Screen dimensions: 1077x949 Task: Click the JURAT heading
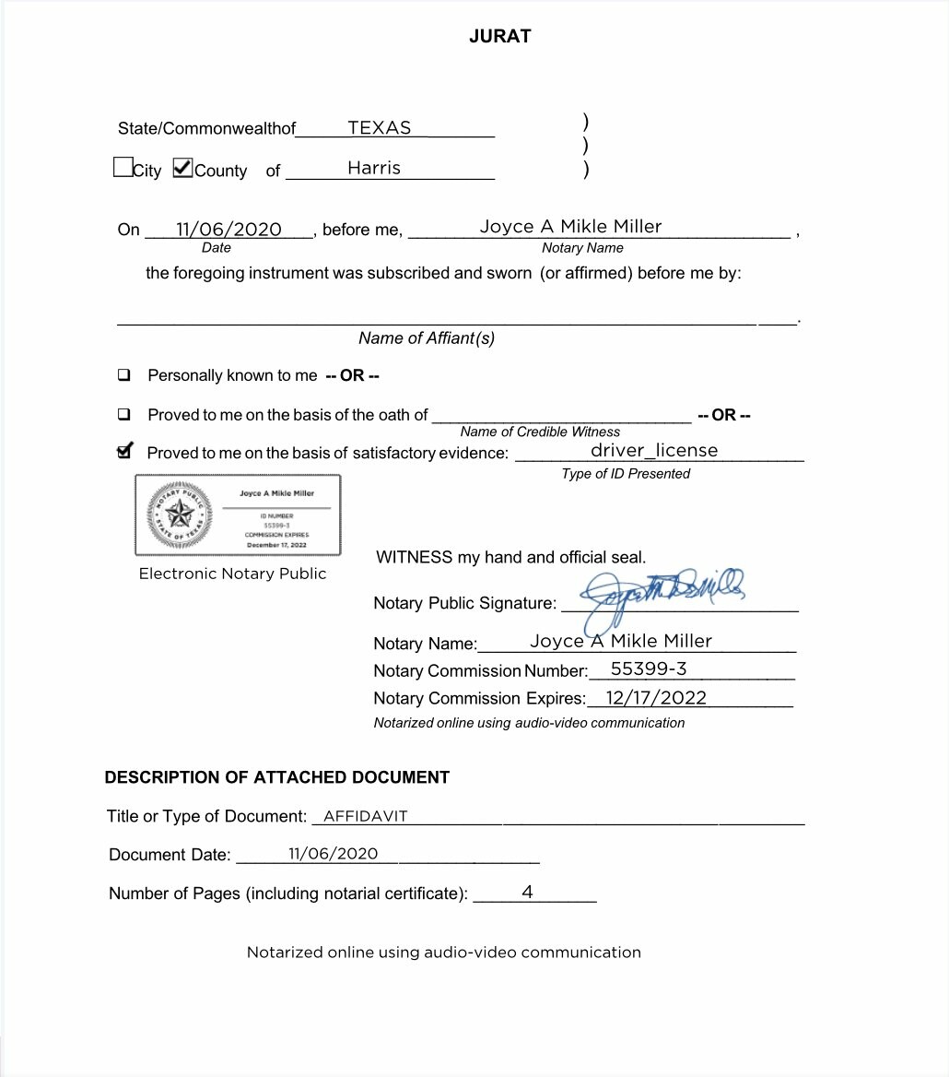point(500,37)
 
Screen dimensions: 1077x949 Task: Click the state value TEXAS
point(380,128)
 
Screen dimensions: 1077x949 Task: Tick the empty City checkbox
point(123,168)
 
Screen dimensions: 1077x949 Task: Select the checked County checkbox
point(182,168)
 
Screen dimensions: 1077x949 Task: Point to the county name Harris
point(374,168)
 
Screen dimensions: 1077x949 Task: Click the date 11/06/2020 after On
point(228,230)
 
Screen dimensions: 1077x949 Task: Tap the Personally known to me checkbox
point(123,375)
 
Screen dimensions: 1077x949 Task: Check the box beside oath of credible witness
point(123,415)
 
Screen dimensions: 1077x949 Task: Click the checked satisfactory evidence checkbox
point(124,452)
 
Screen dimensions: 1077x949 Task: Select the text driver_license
point(654,450)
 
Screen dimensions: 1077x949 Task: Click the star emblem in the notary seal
point(179,515)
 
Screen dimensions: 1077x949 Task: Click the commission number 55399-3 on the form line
point(649,669)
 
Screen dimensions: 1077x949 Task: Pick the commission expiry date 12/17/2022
point(656,697)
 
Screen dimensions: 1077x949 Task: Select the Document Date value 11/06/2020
point(333,854)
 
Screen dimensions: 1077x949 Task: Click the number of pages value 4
point(527,892)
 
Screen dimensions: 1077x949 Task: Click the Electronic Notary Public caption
point(232,574)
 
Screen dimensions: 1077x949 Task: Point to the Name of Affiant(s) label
point(427,338)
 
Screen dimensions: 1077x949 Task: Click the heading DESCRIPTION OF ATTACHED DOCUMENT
point(276,777)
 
